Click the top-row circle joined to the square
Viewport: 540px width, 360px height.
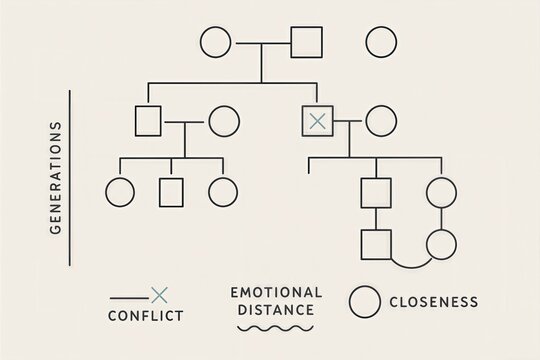(x=216, y=43)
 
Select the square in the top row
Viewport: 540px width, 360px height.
(x=306, y=43)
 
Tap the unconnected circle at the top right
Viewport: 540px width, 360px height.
(x=380, y=43)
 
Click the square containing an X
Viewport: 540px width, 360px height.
(x=317, y=121)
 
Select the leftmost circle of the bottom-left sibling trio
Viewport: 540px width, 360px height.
(x=119, y=190)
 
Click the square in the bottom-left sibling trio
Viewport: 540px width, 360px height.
(x=171, y=190)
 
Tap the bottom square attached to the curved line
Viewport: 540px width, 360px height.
(x=376, y=243)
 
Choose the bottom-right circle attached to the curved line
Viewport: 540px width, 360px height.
(x=441, y=243)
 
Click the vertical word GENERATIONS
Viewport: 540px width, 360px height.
(x=55, y=178)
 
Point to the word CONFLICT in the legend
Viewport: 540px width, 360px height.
(x=145, y=317)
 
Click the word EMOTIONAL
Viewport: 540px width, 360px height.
(x=276, y=292)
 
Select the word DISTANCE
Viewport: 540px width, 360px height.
(x=276, y=310)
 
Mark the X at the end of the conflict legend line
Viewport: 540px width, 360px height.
(x=157, y=294)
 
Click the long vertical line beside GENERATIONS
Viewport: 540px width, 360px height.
(x=70, y=178)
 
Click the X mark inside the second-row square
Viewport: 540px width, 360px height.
(x=317, y=121)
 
